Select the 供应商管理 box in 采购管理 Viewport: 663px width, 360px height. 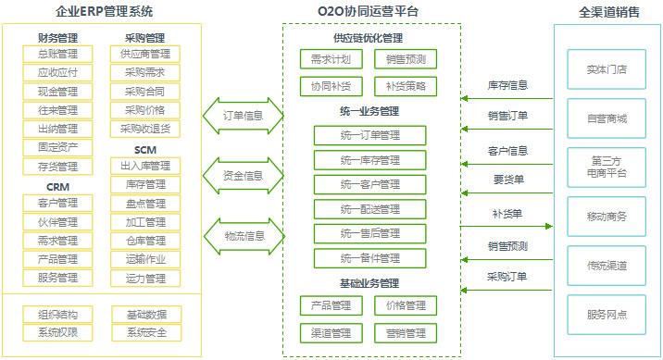(145, 55)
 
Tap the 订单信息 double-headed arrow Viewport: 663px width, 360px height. (244, 117)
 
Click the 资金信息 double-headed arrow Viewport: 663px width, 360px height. (244, 175)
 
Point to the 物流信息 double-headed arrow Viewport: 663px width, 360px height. (244, 235)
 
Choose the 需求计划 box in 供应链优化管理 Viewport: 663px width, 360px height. (325, 60)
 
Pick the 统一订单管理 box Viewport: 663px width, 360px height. (369, 136)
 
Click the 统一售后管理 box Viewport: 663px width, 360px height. (369, 233)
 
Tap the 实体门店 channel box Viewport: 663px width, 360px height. (607, 69)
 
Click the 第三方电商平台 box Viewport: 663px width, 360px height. (607, 168)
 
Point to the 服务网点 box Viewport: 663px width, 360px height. (607, 315)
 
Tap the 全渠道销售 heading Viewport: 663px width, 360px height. (607, 12)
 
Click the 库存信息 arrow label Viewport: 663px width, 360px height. (507, 85)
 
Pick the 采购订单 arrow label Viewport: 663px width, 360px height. (507, 276)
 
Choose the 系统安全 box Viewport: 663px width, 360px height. (145, 332)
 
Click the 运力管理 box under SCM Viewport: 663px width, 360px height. (145, 278)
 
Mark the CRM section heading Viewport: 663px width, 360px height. (56, 186)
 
